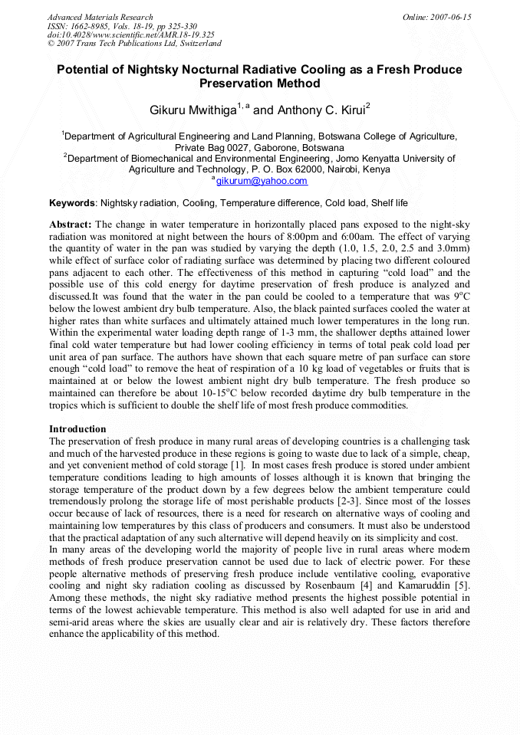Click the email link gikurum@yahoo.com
(x=262, y=181)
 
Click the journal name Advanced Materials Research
(x=100, y=17)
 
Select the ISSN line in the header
(x=122, y=26)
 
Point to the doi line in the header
(x=130, y=34)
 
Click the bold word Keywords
(x=72, y=203)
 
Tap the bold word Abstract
(x=70, y=225)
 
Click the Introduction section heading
(x=77, y=428)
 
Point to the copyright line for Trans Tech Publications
(x=134, y=43)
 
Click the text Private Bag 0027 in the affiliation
(x=214, y=147)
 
